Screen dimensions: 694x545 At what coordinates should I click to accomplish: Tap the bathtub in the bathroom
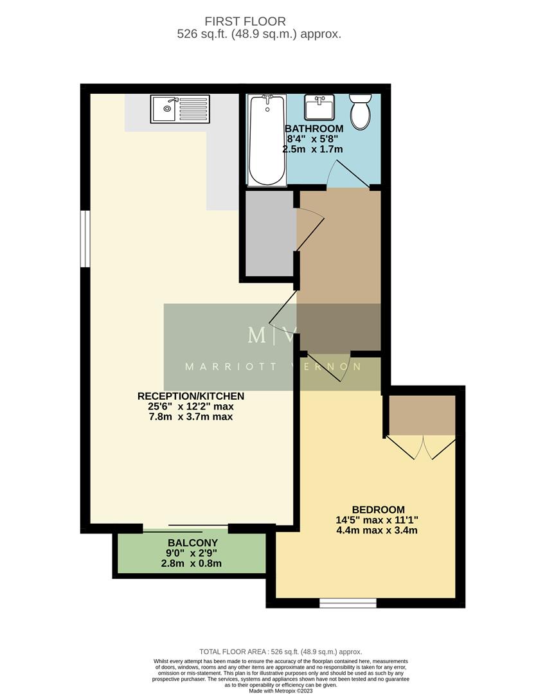(x=266, y=139)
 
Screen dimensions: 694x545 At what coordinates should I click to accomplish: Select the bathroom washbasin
(x=319, y=107)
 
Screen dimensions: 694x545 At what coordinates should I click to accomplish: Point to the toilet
(x=359, y=111)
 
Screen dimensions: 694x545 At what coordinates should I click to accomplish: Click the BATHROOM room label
(x=314, y=129)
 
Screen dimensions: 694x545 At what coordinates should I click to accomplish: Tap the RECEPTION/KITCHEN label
(x=190, y=396)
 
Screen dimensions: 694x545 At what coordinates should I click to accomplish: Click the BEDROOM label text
(x=379, y=510)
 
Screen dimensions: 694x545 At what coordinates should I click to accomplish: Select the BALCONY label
(x=192, y=543)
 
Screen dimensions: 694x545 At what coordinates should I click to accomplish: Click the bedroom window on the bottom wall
(x=348, y=603)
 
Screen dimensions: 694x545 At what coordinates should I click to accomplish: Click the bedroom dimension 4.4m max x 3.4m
(x=377, y=531)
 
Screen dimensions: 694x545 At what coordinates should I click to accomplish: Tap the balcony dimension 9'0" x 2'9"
(x=192, y=553)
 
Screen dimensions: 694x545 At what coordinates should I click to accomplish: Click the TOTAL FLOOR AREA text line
(x=280, y=652)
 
